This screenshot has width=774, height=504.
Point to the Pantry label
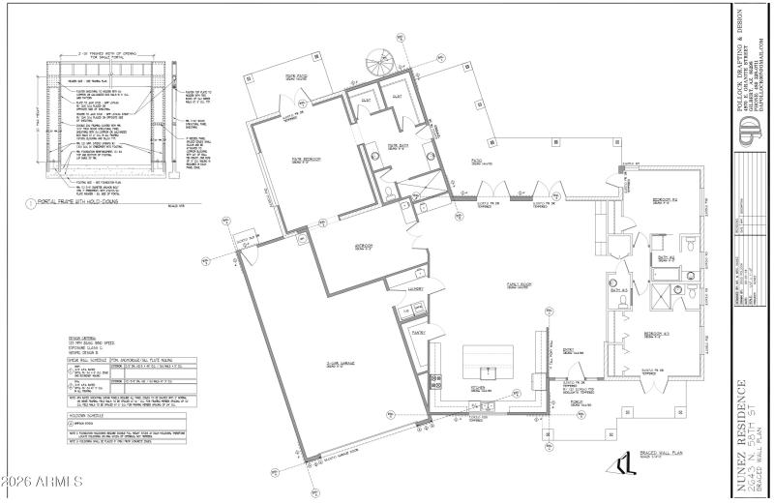tap(419, 332)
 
